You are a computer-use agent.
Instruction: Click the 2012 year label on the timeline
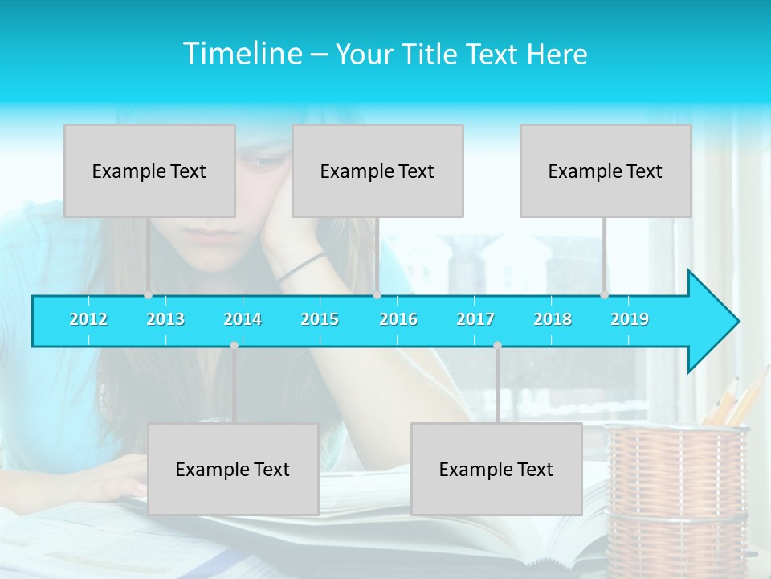point(88,320)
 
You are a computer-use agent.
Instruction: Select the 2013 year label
point(165,320)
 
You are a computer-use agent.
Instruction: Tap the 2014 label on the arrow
point(243,320)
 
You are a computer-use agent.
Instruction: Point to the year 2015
point(320,320)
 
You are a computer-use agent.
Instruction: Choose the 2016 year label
point(398,320)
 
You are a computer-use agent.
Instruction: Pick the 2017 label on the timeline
point(475,320)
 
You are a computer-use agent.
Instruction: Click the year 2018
point(553,320)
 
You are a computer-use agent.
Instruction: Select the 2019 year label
point(630,320)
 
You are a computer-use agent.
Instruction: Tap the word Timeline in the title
point(242,54)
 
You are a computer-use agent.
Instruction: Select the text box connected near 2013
point(149,171)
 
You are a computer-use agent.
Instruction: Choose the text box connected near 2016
point(377,171)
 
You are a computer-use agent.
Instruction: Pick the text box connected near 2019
point(606,171)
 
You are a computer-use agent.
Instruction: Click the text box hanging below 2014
point(233,470)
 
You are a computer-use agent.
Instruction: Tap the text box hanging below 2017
point(496,470)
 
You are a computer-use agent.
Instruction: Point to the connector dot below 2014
point(234,346)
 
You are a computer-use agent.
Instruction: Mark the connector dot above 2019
point(604,295)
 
